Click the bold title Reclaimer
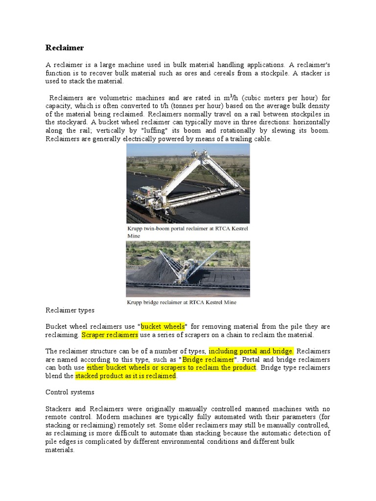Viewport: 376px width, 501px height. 65,47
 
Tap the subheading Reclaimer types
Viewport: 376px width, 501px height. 70,310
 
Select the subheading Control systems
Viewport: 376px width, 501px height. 70,392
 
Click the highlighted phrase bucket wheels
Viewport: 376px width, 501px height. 163,326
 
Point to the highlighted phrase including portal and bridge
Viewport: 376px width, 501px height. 251,351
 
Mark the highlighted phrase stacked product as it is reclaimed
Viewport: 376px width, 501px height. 125,376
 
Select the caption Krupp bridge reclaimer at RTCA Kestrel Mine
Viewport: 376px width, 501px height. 181,302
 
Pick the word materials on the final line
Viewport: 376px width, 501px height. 60,450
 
